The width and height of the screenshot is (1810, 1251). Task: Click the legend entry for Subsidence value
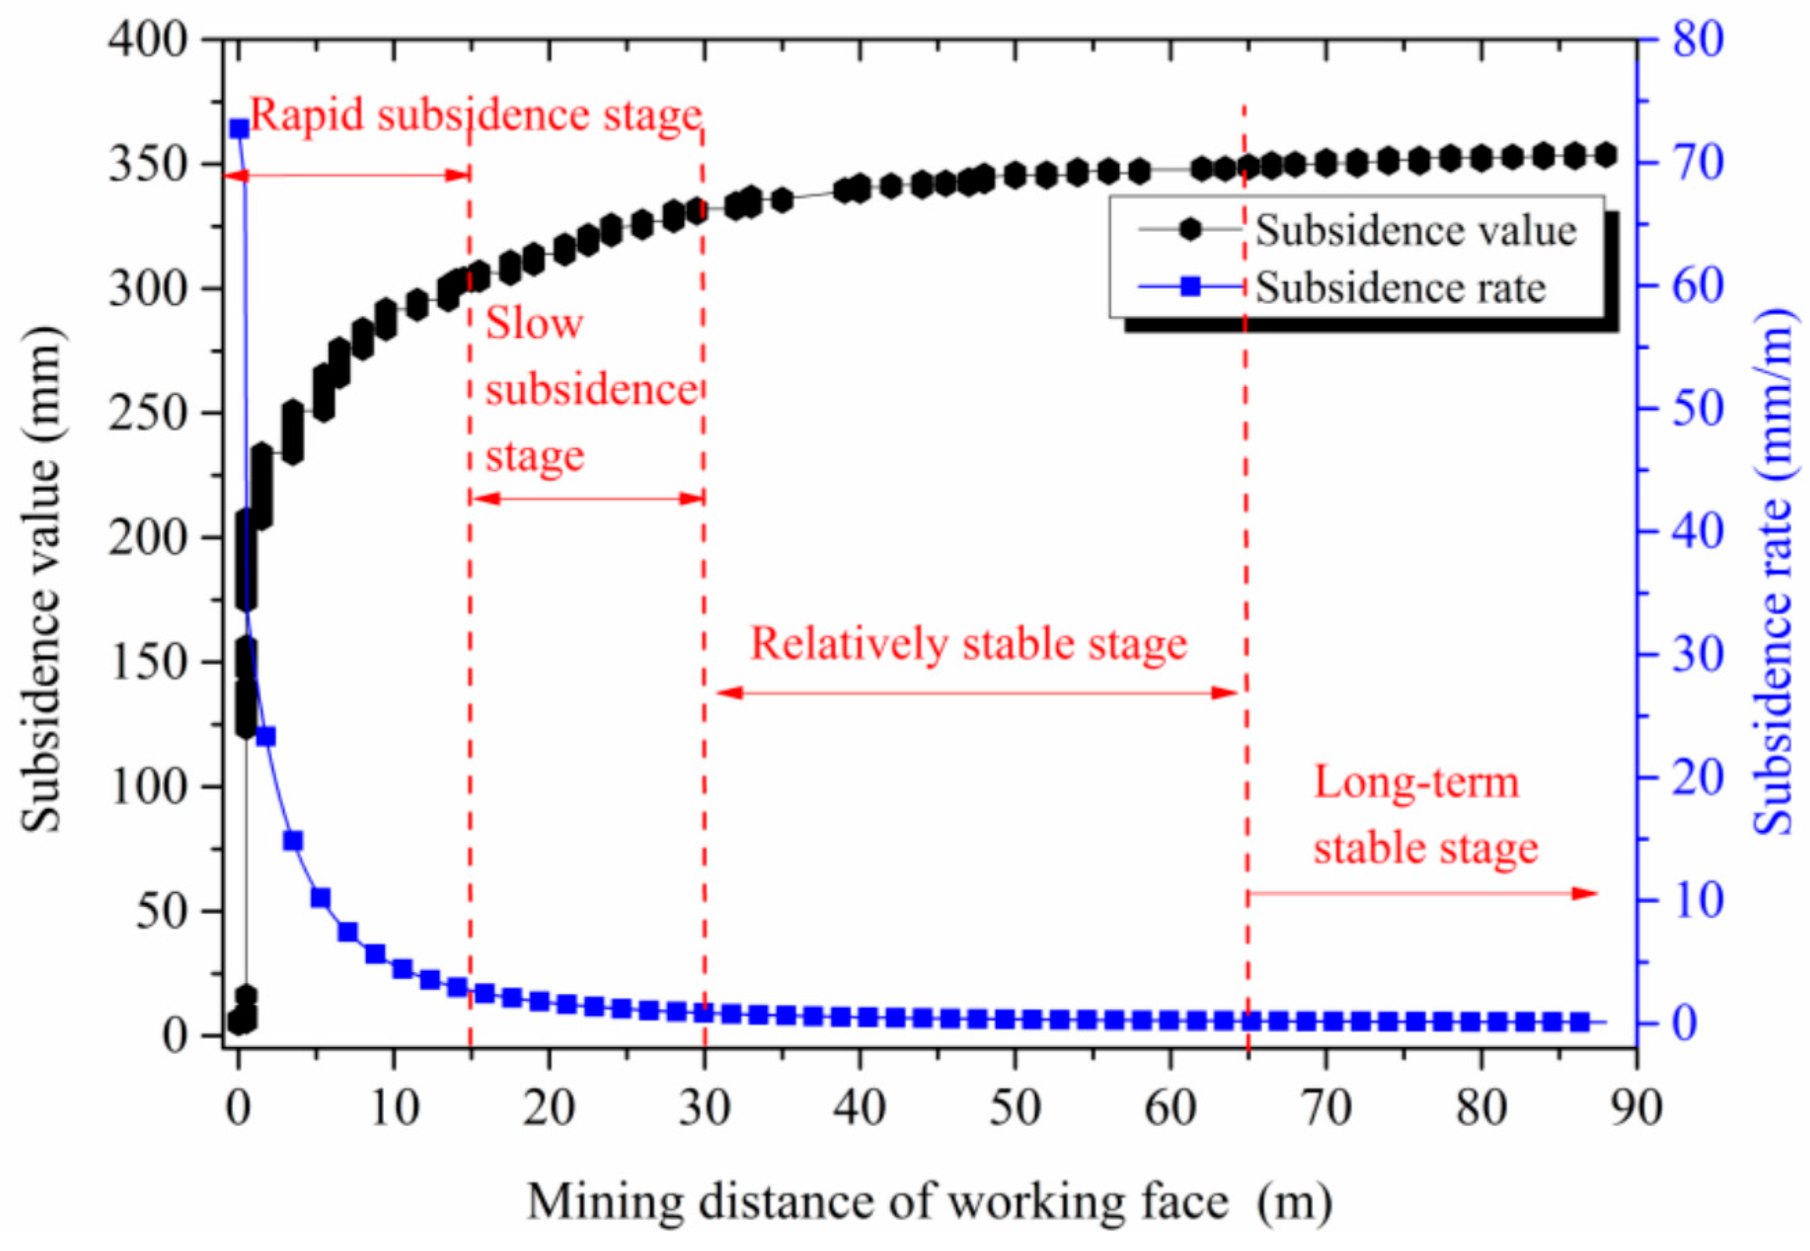(1415, 231)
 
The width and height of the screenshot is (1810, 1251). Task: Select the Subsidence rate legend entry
(1400, 288)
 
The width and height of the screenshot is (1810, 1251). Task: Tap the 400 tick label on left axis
(148, 39)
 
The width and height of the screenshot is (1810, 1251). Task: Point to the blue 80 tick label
(1698, 39)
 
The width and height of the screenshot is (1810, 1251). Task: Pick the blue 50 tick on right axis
(1698, 409)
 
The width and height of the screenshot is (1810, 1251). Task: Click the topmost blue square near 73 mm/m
(239, 128)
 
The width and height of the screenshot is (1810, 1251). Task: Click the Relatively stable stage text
(969, 645)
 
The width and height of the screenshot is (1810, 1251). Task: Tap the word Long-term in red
(1416, 783)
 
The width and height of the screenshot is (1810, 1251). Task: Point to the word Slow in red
(534, 323)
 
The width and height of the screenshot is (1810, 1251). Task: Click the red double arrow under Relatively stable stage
(976, 693)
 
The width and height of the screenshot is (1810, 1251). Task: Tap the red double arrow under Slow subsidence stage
(588, 498)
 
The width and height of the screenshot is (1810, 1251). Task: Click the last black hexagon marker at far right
(1605, 155)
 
